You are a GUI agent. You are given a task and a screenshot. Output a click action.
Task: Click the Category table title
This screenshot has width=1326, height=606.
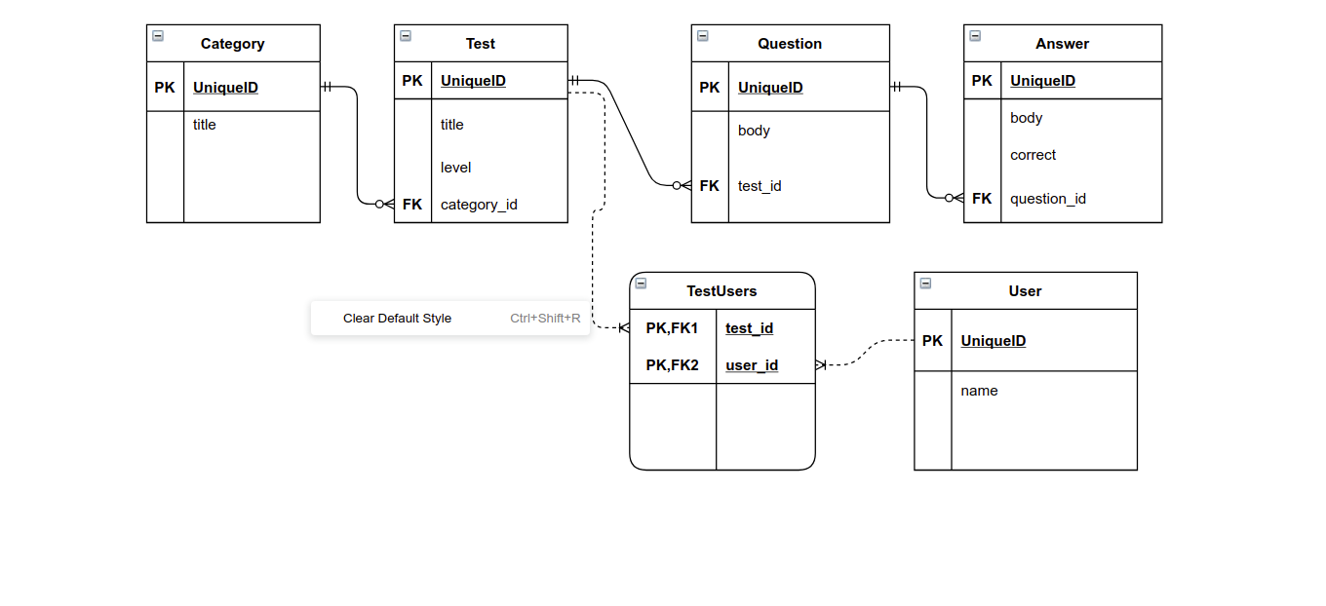tap(232, 44)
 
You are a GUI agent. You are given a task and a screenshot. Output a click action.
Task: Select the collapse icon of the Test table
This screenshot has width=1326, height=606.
tap(406, 36)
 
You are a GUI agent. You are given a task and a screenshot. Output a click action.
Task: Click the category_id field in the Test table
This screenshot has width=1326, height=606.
tap(479, 205)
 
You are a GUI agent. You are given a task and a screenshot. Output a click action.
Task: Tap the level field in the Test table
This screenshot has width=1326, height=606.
tap(455, 168)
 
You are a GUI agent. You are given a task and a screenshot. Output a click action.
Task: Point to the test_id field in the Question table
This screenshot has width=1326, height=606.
tap(760, 186)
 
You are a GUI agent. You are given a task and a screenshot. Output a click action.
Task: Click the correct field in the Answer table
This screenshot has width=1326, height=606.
tap(1033, 155)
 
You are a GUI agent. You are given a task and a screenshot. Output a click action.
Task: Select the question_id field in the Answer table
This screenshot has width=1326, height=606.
tap(1047, 199)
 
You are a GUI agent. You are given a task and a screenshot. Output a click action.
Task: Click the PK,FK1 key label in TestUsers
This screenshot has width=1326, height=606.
tap(672, 328)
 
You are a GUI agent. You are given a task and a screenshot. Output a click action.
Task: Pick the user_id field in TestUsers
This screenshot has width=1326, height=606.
tap(752, 365)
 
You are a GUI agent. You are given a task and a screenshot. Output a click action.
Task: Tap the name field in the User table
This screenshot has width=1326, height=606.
tap(979, 391)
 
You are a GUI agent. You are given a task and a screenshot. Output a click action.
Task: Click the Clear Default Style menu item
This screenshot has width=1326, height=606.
tap(397, 319)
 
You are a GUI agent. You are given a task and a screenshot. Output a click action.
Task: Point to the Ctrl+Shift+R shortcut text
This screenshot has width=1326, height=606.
tap(545, 319)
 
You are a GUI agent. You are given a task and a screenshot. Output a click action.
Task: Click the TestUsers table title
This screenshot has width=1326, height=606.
tap(721, 291)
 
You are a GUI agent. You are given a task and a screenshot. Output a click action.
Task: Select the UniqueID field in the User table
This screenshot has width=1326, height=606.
tap(993, 341)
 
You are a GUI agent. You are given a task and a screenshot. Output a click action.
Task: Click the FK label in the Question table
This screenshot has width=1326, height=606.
tap(709, 186)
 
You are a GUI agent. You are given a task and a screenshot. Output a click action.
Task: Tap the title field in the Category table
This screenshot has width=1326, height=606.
tap(204, 125)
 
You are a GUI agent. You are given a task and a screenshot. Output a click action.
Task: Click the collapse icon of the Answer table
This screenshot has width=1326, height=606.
tap(975, 36)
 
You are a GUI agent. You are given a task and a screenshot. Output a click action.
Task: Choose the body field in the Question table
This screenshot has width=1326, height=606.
tap(754, 131)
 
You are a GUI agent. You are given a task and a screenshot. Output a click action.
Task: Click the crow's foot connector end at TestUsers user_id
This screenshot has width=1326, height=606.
tap(821, 364)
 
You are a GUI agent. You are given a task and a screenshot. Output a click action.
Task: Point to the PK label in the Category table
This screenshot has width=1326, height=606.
tap(165, 88)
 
